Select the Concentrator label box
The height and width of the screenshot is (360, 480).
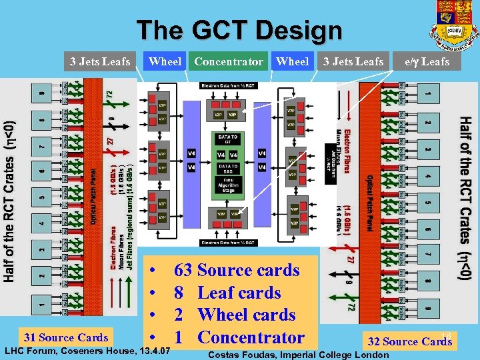click(x=228, y=61)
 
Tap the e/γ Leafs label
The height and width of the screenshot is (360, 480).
click(x=427, y=61)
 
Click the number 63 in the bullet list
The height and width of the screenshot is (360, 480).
click(x=183, y=270)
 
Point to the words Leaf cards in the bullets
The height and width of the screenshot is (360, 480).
click(x=239, y=293)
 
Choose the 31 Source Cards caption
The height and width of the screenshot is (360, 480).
click(x=65, y=337)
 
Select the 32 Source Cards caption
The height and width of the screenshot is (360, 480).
click(x=409, y=341)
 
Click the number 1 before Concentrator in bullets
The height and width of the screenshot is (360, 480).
click(x=179, y=337)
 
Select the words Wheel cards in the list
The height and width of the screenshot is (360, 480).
click(x=247, y=315)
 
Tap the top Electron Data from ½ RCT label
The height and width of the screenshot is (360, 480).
click(x=227, y=86)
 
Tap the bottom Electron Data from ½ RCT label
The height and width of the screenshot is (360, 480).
click(x=227, y=242)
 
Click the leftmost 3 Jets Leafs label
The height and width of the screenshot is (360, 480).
click(x=101, y=61)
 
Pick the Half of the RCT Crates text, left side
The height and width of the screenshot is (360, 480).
click(x=9, y=200)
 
